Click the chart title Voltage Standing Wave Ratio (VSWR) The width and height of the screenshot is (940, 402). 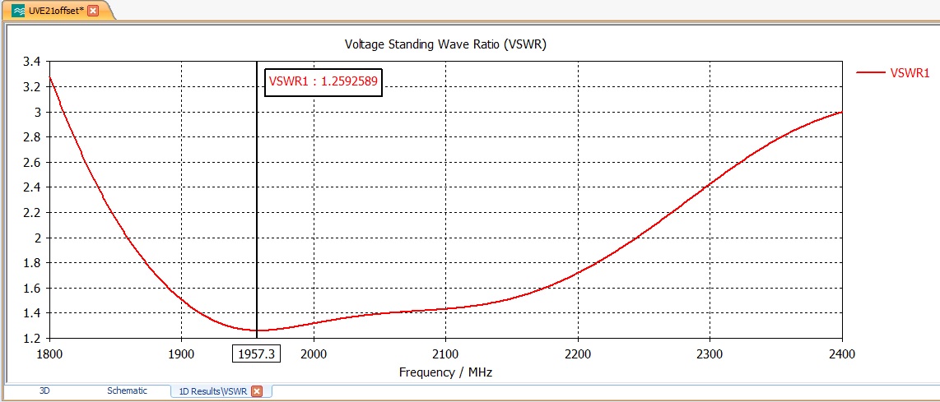[x=444, y=44]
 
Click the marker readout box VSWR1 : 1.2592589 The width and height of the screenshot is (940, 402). [x=323, y=81]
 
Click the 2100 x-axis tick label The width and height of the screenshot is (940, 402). [x=445, y=353]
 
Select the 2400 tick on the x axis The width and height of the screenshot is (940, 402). [x=841, y=353]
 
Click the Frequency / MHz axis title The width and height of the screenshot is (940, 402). [x=445, y=372]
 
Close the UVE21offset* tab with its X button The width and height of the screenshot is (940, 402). [x=93, y=11]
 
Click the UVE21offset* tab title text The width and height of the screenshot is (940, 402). [x=56, y=11]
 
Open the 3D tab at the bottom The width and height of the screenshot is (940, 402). [x=44, y=391]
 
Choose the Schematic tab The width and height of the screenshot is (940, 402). [x=127, y=391]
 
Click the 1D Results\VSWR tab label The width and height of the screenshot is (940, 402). [x=212, y=391]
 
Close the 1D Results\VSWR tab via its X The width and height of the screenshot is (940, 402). [x=257, y=391]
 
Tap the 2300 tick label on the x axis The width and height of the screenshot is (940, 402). [x=710, y=353]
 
